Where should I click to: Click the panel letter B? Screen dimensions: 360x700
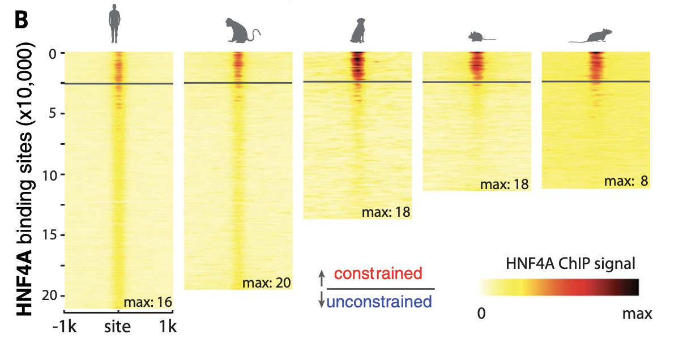(x=21, y=20)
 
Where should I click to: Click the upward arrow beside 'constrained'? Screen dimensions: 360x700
(x=322, y=277)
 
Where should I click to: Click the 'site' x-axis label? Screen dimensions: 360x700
(x=118, y=327)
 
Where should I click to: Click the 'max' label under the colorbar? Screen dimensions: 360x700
(x=637, y=313)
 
